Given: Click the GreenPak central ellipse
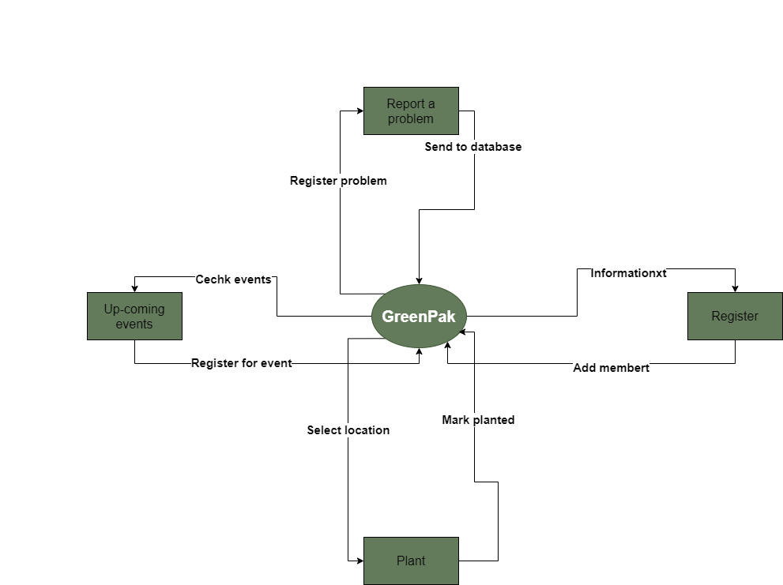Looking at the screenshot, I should click(419, 317).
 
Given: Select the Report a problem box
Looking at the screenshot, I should click(411, 111).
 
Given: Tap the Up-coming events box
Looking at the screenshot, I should click(134, 317).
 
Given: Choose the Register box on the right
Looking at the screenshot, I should click(735, 317).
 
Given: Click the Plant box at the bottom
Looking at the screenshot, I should click(411, 561).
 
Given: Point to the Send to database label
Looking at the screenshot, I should click(472, 147).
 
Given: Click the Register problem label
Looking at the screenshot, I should click(338, 181).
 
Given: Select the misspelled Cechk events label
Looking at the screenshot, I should click(233, 279).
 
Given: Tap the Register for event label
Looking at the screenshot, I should click(241, 363).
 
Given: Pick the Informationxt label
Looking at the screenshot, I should click(628, 273).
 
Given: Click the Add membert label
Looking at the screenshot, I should click(611, 368).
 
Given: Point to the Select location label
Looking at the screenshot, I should click(348, 430).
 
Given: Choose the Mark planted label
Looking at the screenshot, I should click(478, 420).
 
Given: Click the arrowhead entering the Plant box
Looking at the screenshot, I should click(359, 561).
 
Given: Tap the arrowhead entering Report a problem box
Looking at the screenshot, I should click(359, 111).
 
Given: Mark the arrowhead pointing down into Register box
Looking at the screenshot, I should click(735, 288).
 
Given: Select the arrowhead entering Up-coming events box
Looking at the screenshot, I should click(134, 288).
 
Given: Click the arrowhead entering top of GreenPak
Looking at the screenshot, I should click(419, 279).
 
